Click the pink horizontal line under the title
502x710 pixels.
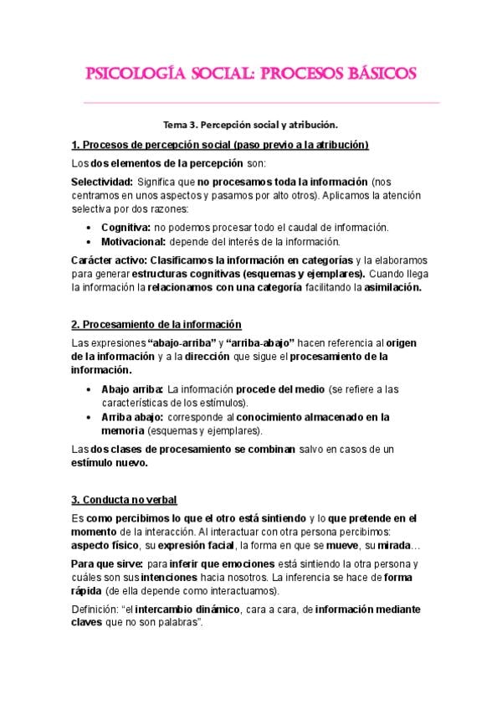point(251,103)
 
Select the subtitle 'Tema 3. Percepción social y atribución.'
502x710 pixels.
point(250,126)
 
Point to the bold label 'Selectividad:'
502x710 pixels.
point(102,182)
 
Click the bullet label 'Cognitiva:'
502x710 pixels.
point(125,228)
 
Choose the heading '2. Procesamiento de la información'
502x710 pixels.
point(156,325)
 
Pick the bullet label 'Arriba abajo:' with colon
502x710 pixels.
point(132,417)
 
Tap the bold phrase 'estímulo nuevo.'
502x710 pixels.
point(110,463)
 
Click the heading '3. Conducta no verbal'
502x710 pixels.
point(124,501)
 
